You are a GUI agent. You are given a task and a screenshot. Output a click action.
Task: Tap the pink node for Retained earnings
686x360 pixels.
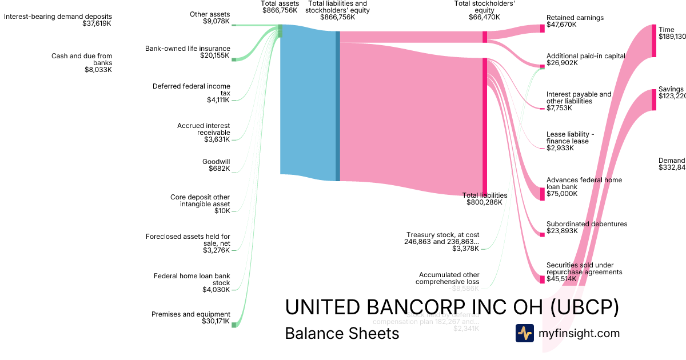tap(543, 28)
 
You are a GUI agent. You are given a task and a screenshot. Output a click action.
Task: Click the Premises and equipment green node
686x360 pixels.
tap(233, 325)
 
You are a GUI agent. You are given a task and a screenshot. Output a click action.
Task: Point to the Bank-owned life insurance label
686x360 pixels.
tap(188, 52)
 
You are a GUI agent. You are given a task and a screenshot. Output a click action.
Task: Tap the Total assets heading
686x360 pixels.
tap(280, 7)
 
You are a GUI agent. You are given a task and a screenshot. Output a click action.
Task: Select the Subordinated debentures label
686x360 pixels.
tap(587, 227)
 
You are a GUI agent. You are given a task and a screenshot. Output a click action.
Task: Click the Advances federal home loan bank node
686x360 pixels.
tap(543, 194)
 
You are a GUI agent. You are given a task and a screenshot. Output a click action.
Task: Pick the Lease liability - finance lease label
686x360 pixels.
tap(570, 141)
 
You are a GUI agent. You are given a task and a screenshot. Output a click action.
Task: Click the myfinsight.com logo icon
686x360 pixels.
tap(524, 333)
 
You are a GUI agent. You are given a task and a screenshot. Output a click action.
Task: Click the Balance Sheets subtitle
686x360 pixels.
tap(342, 333)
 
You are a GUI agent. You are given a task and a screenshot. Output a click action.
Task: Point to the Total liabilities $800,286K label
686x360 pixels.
tap(484, 198)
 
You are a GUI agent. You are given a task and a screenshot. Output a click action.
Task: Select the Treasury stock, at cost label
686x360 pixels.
tap(442, 241)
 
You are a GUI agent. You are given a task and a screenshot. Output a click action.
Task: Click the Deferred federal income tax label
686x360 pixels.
tap(191, 93)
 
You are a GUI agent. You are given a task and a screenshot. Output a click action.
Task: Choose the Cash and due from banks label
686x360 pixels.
tap(82, 63)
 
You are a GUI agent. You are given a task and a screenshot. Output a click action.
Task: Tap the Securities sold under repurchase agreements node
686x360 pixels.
tap(543, 279)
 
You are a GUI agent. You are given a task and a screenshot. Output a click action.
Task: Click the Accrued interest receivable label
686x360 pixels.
tap(203, 132)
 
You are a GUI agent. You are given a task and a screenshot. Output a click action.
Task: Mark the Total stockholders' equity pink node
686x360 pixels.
tap(485, 37)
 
